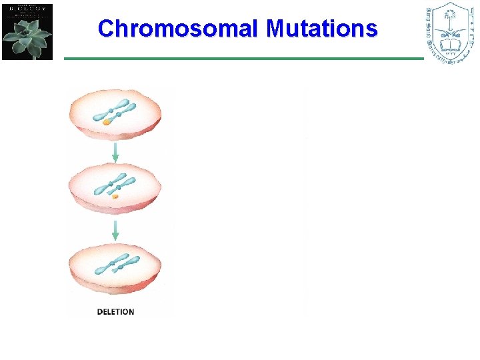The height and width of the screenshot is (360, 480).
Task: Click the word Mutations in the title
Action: pyautogui.click(x=322, y=29)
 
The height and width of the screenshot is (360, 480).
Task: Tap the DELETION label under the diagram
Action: pyautogui.click(x=115, y=311)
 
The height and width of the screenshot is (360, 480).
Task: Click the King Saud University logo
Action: pyautogui.click(x=450, y=33)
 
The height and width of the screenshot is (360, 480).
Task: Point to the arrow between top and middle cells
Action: pyautogui.click(x=115, y=151)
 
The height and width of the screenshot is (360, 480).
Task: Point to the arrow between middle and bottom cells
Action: pyautogui.click(x=115, y=230)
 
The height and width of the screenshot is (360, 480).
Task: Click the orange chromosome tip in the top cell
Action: pyautogui.click(x=106, y=123)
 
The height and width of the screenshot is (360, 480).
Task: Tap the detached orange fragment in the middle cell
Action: pyautogui.click(x=115, y=197)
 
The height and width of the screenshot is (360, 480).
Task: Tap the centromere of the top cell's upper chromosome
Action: pyautogui.click(x=111, y=109)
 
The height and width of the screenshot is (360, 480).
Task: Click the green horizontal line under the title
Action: pyautogui.click(x=243, y=59)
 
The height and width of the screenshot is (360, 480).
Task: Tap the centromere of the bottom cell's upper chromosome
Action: pyautogui.click(x=110, y=262)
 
